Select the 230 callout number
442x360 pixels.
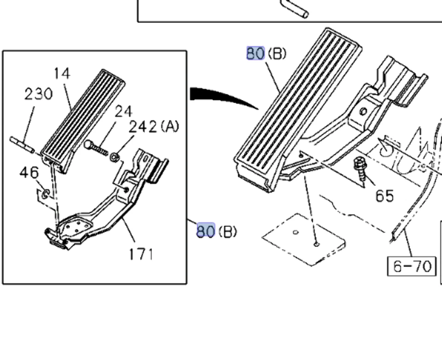[39, 94]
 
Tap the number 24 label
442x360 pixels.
[123, 111]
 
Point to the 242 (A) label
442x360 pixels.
[153, 127]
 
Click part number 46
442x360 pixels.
[29, 173]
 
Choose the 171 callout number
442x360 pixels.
[140, 254]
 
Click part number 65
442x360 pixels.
[384, 196]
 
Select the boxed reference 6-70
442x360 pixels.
[412, 266]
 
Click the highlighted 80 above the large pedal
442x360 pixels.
[256, 53]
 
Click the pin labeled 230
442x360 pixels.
[22, 144]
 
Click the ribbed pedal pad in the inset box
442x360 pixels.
[83, 120]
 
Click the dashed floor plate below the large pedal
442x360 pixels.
[304, 239]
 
